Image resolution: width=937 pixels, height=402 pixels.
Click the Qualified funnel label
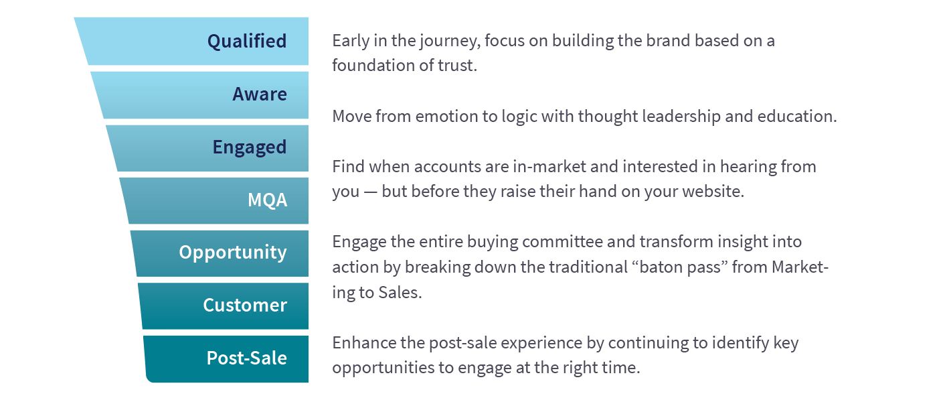pos(247,41)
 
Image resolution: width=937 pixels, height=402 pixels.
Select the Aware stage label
pos(260,94)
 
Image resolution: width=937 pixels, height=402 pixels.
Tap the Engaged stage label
pos(249,147)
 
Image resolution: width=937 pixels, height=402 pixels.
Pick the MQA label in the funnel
pos(267,200)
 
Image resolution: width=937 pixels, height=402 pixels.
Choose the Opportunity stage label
pos(232,252)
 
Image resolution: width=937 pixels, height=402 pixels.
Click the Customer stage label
pos(245,305)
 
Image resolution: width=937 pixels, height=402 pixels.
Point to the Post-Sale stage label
pos(246,358)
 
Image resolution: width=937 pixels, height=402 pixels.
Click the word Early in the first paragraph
pos(349,40)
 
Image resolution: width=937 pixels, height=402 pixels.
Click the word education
pos(796,116)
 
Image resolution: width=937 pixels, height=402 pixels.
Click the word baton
pos(663,267)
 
